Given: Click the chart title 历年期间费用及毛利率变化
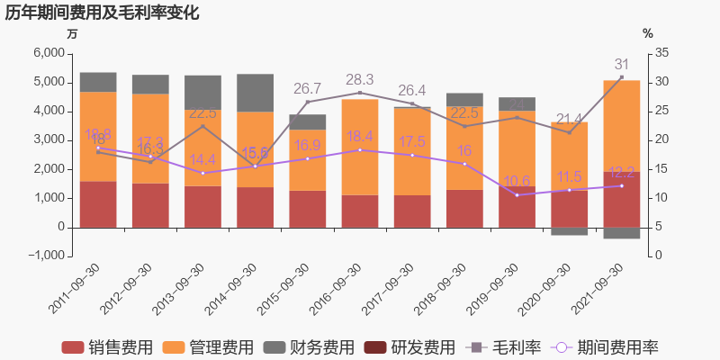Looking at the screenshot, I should tap(102, 13).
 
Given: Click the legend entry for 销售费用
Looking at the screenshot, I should tap(107, 347).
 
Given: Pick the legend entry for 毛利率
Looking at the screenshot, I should tap(505, 347).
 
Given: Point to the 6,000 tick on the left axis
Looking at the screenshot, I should tap(47, 53).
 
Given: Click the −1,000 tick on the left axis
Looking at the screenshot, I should tap(44, 256).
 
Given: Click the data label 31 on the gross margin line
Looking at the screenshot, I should tap(622, 65).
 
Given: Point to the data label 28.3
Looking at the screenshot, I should tap(360, 79).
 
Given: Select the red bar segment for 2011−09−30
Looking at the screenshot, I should tap(98, 204).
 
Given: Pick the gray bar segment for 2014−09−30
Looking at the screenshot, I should tap(256, 93).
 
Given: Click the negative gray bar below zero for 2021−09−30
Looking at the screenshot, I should tap(622, 233).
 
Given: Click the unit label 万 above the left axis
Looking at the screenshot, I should tap(72, 33).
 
